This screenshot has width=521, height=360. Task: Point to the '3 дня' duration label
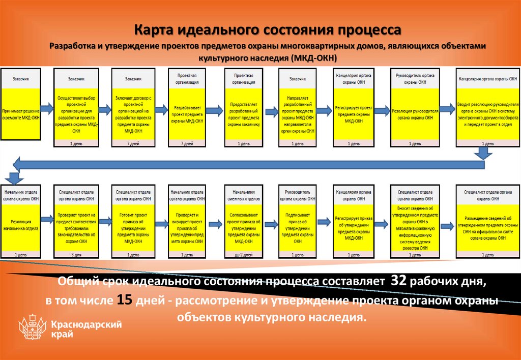75,254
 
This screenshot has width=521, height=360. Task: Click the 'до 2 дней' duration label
243,254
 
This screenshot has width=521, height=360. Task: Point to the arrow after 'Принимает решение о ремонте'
47,108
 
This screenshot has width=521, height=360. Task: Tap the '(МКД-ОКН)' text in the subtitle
313,57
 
